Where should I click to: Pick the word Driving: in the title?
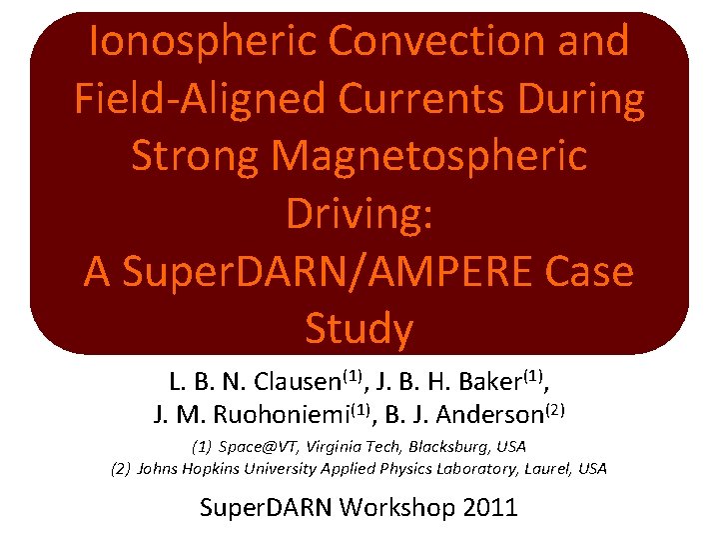pos(359,214)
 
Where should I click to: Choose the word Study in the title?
pos(359,329)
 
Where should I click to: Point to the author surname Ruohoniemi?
pos(264,413)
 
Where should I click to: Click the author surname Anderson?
pos(484,413)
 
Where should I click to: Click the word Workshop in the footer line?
pos(398,507)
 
